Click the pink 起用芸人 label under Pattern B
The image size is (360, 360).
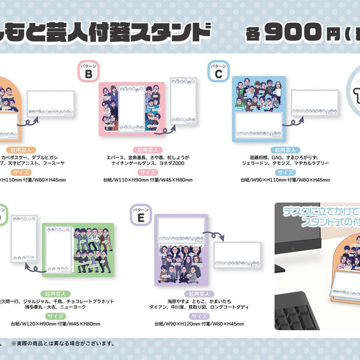coord(143,148)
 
